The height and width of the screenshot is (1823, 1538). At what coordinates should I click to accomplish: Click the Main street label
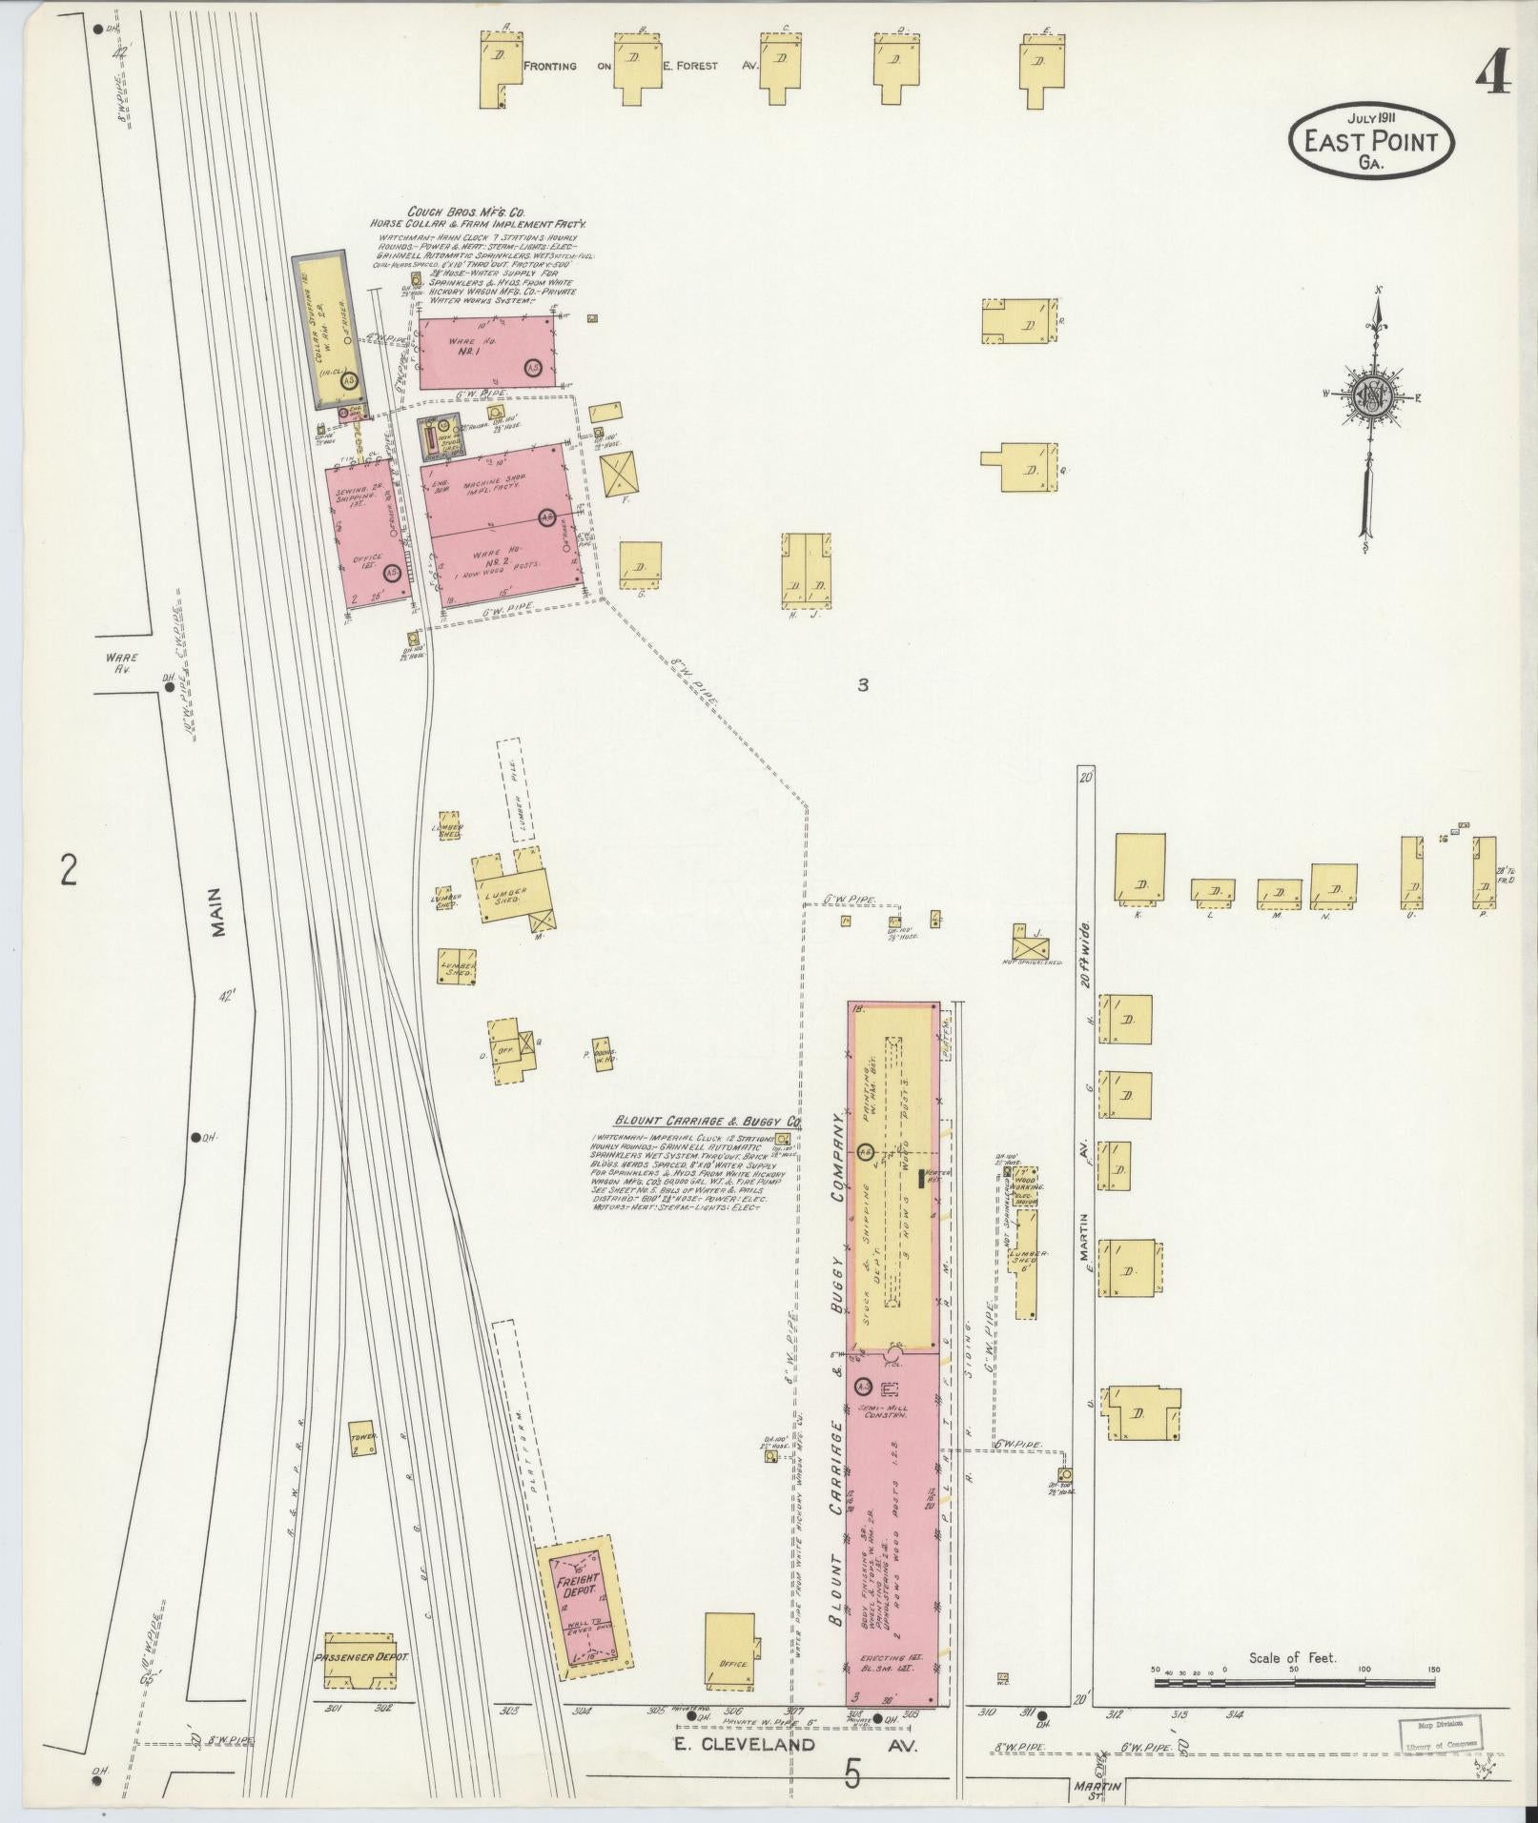217,913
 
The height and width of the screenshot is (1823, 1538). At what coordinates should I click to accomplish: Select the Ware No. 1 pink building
487,352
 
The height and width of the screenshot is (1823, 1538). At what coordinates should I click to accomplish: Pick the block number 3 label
862,684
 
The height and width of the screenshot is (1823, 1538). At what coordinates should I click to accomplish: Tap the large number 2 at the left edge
68,870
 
